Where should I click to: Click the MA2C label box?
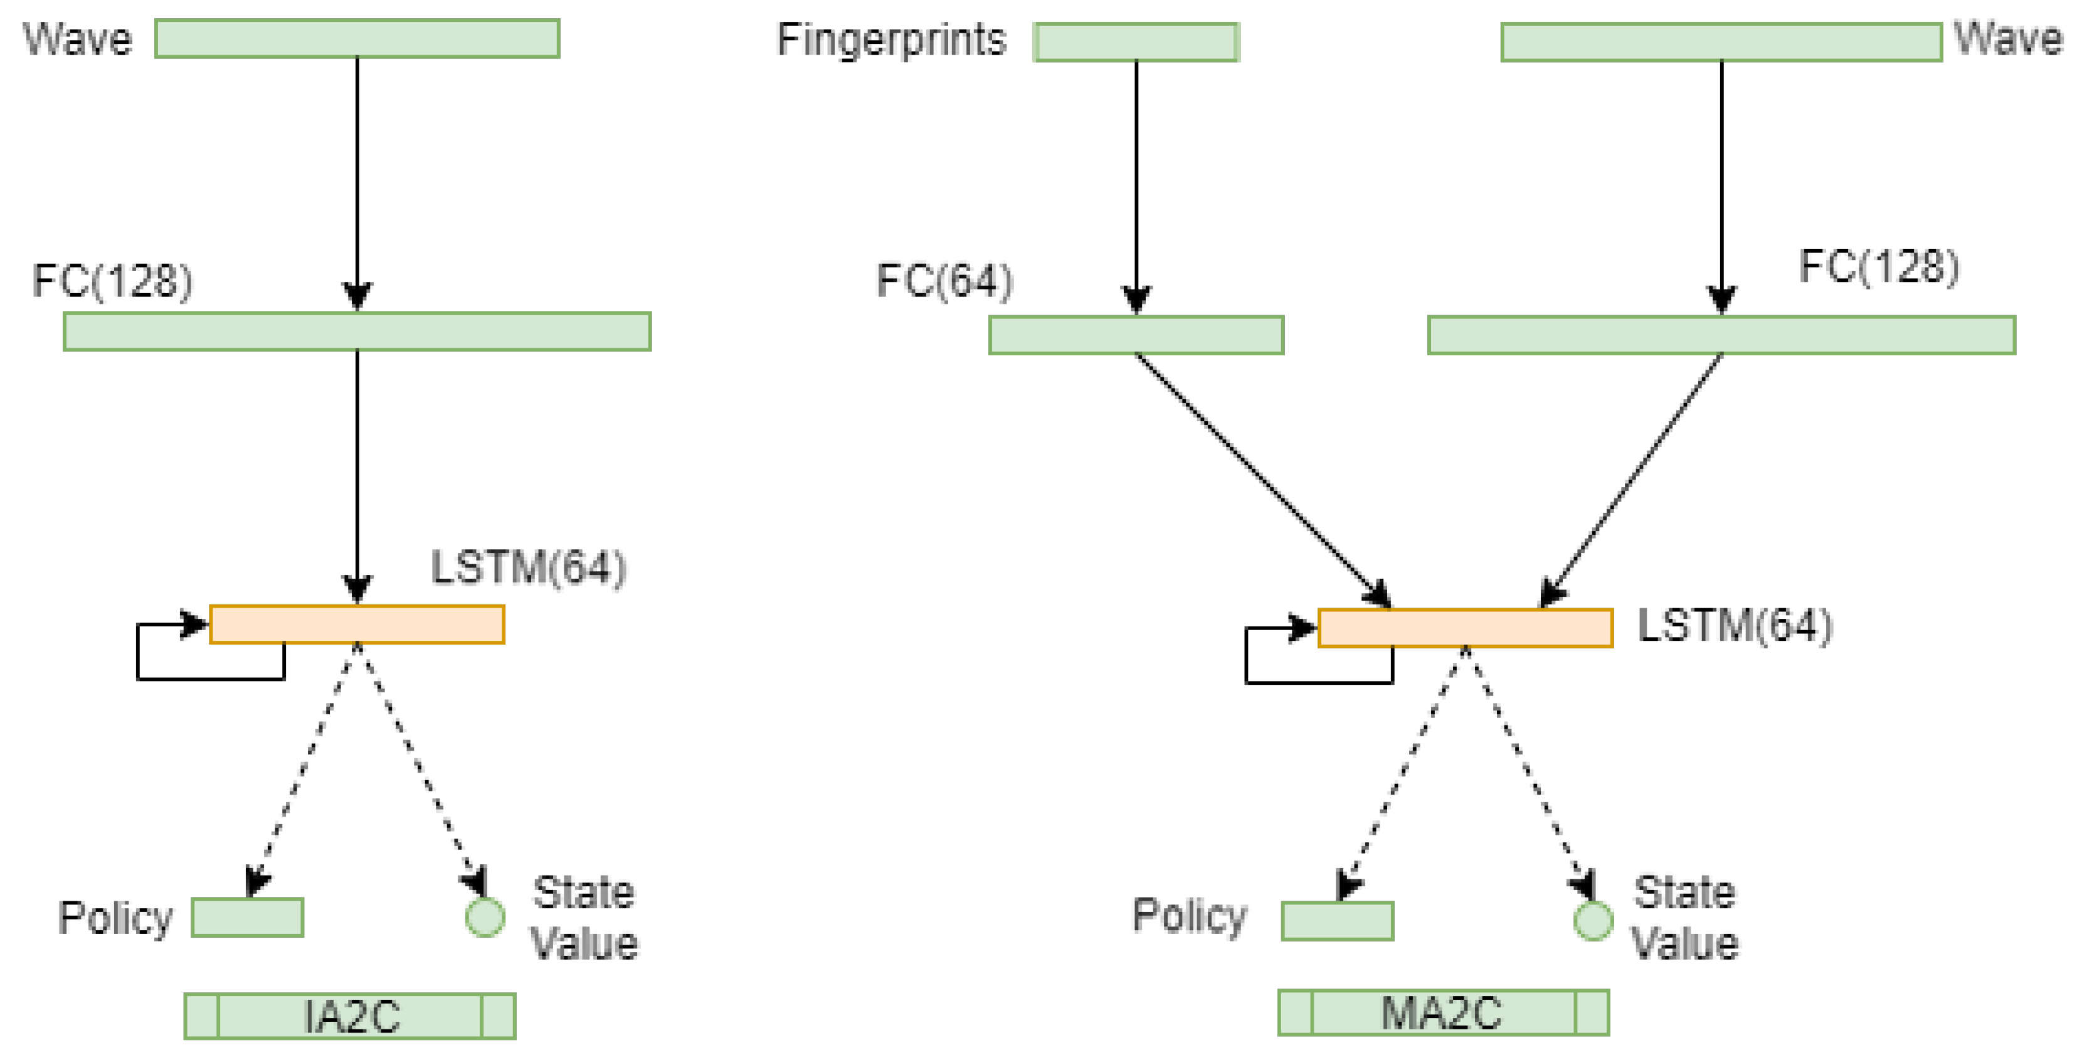click(1443, 1012)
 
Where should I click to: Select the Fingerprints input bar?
click(1136, 42)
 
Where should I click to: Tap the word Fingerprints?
click(892, 40)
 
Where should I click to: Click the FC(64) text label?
click(944, 281)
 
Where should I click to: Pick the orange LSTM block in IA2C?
click(356, 625)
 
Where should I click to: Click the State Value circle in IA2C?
click(485, 917)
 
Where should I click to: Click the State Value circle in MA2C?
click(1593, 920)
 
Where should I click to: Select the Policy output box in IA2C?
click(247, 917)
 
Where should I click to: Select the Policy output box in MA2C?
click(1337, 920)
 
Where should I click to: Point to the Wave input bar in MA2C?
click(1721, 42)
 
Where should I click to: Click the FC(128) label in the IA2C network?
click(112, 281)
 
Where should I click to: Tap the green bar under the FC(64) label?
click(1136, 335)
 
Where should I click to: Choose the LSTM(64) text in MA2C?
click(1735, 626)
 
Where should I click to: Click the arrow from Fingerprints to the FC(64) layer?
click(1136, 178)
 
